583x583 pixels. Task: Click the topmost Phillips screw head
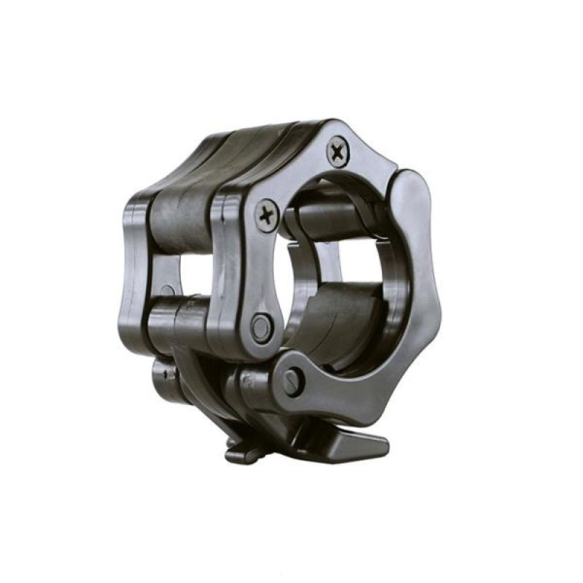coord(337,152)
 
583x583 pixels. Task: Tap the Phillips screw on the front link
coord(267,215)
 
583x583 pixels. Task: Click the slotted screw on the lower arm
coord(292,380)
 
